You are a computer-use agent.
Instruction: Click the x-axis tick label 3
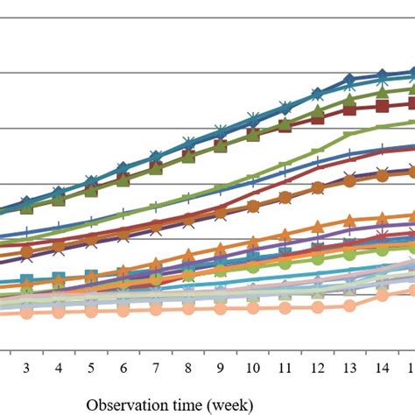[26, 367]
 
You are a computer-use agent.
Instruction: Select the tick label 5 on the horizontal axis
[91, 367]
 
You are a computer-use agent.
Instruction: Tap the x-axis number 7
[156, 367]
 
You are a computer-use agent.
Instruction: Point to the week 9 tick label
[221, 367]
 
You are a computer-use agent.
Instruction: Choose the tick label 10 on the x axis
[252, 367]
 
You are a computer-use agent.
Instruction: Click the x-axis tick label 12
[317, 367]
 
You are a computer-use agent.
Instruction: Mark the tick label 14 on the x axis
[382, 367]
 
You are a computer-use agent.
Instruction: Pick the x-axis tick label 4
[59, 367]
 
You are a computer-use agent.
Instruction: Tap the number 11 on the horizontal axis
[285, 367]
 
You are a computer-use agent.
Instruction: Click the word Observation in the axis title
[122, 404]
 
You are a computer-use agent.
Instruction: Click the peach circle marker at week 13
[349, 306]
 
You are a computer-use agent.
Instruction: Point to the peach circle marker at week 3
[26, 312]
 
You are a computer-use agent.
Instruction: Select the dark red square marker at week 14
[382, 105]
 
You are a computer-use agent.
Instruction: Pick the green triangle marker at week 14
[382, 91]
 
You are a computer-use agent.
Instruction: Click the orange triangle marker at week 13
[349, 219]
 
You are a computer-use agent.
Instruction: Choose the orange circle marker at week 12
[317, 187]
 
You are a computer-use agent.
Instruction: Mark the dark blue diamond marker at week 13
[349, 81]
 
